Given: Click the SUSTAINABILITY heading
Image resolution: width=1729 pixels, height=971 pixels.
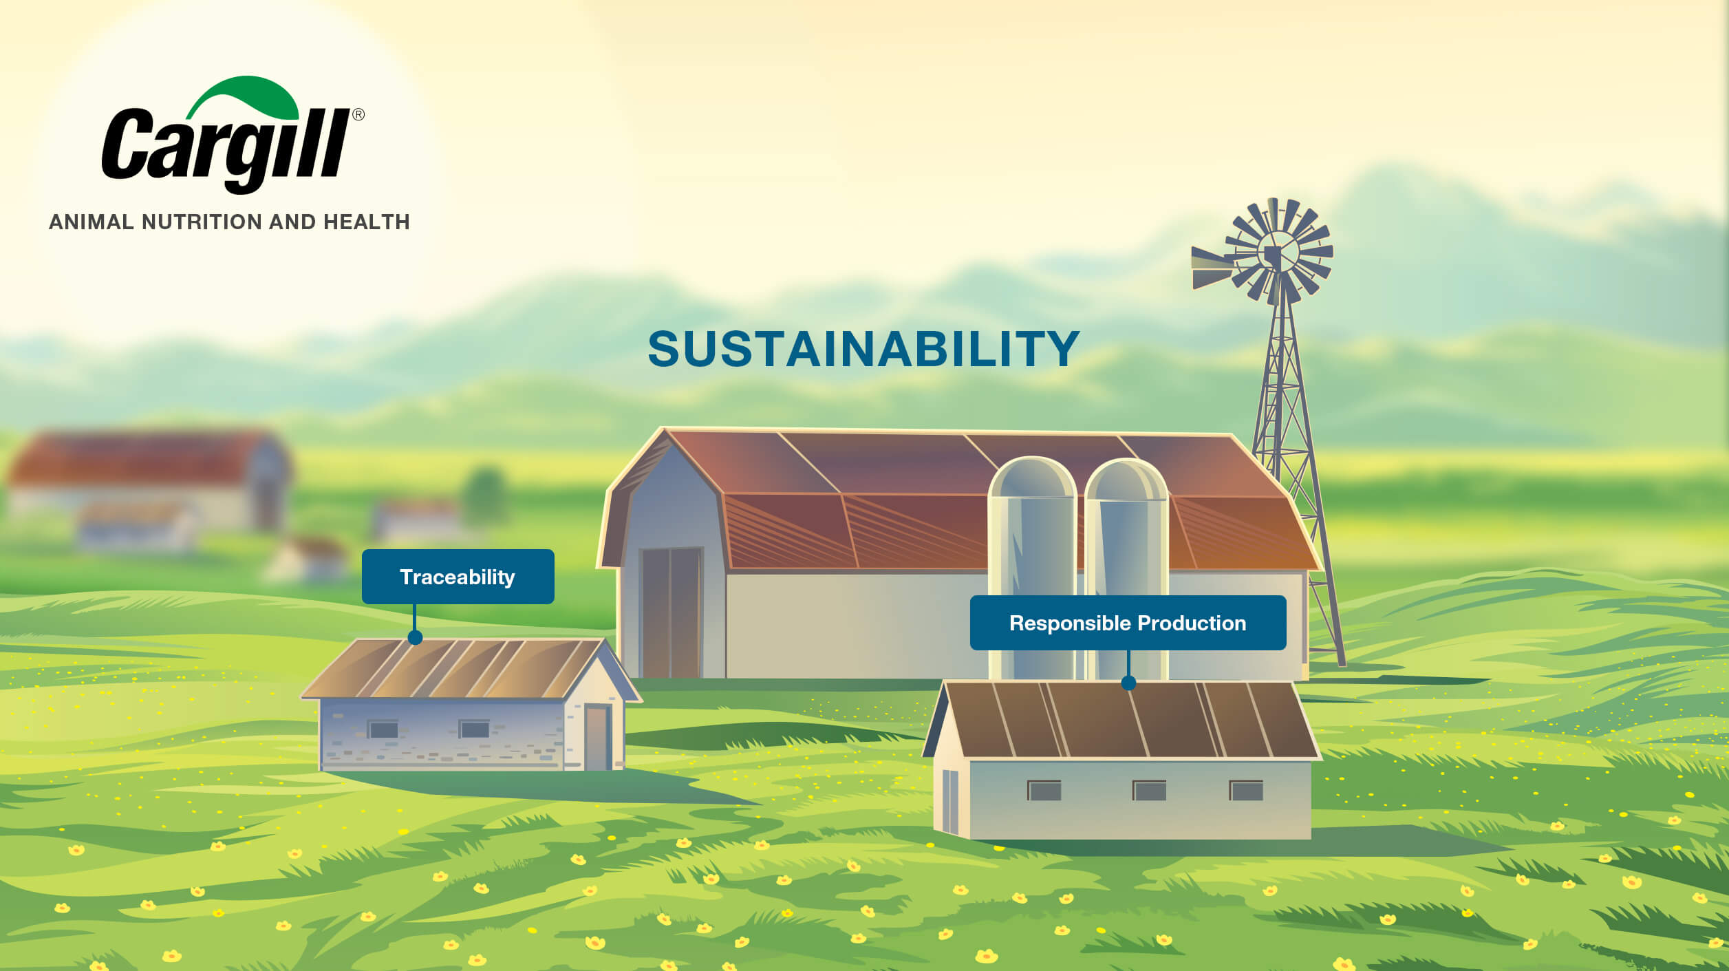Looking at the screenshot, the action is tap(863, 348).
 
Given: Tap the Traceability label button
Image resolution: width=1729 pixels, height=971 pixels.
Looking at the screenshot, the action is tap(458, 577).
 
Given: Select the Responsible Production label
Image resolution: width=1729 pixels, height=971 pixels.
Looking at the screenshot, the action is tap(1128, 623).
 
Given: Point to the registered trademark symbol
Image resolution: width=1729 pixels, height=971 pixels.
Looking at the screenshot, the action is tap(358, 115).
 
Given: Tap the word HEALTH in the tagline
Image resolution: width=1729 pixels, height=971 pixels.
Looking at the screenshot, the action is tap(367, 222).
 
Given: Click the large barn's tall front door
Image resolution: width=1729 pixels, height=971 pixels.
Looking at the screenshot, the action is tap(671, 612).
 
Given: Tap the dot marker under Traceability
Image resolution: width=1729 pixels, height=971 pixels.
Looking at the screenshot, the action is tap(415, 638).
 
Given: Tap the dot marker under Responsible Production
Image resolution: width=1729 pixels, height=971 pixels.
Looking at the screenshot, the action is tap(1128, 683).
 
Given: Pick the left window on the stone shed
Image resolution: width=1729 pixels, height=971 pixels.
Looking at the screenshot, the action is tap(383, 729).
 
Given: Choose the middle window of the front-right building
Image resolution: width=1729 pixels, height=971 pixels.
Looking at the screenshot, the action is tap(1149, 791).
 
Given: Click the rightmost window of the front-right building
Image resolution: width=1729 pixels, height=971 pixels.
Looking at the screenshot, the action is tap(1246, 791).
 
